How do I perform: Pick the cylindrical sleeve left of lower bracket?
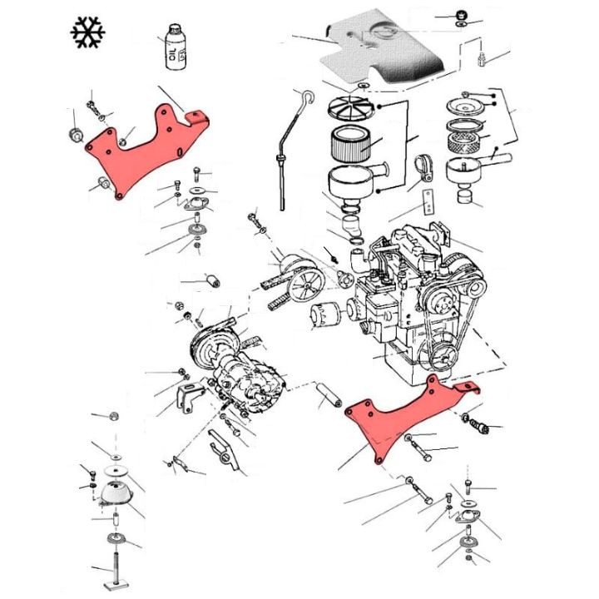tap(328, 396)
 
